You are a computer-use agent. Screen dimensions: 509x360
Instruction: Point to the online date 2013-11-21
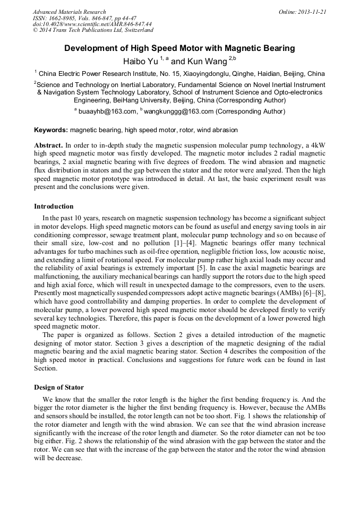point(312,12)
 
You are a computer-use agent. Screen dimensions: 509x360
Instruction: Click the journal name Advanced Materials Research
point(69,12)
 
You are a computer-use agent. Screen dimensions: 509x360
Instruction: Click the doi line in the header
point(92,24)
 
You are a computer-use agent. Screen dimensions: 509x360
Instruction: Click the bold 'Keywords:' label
point(51,130)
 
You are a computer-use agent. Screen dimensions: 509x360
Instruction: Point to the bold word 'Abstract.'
point(48,145)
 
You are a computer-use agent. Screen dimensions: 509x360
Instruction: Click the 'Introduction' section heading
point(54,206)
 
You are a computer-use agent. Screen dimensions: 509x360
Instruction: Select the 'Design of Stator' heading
point(59,387)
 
